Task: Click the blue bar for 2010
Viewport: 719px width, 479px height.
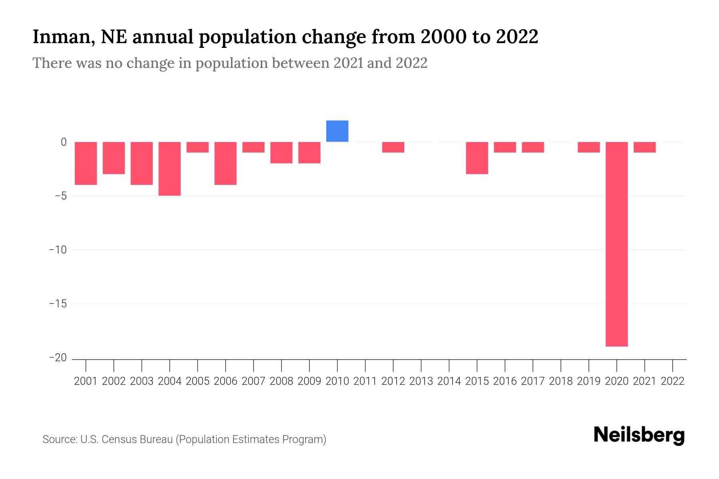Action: (337, 131)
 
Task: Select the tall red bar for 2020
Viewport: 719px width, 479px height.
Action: (616, 244)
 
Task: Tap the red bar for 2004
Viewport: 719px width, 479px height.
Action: (170, 168)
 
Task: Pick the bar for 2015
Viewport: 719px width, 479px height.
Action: (477, 158)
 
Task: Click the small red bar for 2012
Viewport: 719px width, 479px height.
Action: (393, 147)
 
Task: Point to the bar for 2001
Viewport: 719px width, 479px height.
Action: (86, 163)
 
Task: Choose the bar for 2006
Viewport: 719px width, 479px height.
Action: (226, 163)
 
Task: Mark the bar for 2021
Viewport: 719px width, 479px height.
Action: (644, 147)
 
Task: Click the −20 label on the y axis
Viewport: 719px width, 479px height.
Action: (58, 358)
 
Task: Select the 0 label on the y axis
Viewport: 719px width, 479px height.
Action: (64, 142)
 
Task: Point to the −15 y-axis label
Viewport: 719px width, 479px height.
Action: (58, 304)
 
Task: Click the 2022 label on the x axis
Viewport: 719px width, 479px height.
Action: (673, 381)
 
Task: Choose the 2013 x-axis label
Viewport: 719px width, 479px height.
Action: (421, 381)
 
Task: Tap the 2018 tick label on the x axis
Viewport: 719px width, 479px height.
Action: (561, 381)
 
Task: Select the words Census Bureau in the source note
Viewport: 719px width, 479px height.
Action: (138, 439)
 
